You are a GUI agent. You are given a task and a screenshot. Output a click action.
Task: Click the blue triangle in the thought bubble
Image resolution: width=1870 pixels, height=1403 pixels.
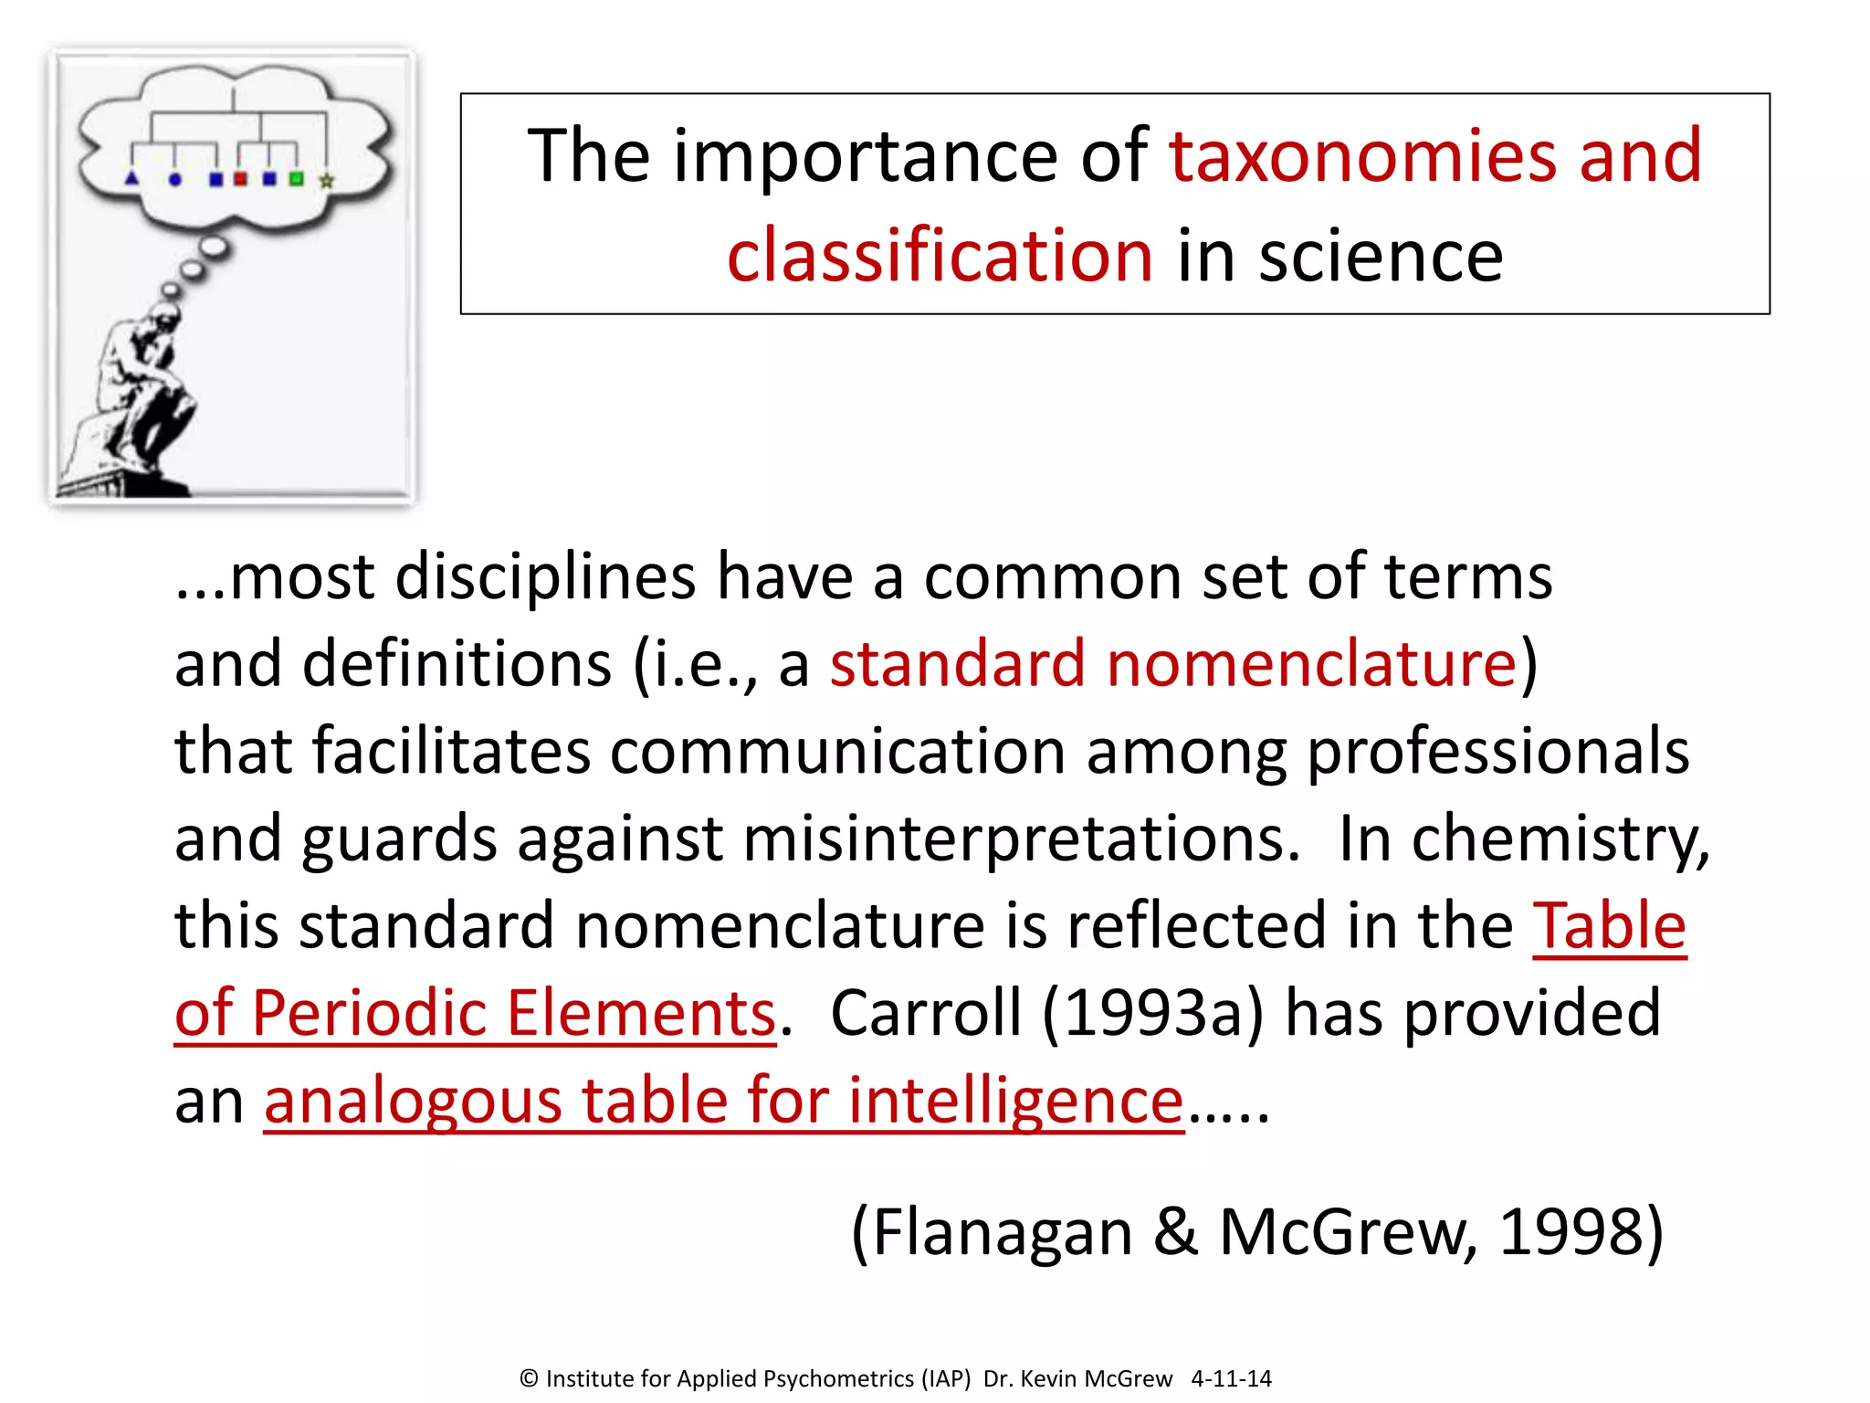coord(131,178)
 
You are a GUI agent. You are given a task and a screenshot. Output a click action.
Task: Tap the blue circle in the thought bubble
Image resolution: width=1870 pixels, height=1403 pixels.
coord(175,180)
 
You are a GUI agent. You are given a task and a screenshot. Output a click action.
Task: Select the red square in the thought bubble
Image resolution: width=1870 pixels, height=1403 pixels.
coord(240,179)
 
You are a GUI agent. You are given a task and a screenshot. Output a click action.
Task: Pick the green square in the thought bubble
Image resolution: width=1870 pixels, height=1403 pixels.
coord(296,179)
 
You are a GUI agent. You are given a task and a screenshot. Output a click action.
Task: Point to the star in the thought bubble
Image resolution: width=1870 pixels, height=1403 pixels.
coord(326,181)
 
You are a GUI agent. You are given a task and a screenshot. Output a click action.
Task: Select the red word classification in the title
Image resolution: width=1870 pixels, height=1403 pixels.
coord(940,255)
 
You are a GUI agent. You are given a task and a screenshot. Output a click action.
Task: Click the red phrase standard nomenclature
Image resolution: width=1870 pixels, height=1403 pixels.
coord(1173,664)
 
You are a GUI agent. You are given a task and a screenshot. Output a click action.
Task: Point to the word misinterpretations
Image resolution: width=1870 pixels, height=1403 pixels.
coord(1020,839)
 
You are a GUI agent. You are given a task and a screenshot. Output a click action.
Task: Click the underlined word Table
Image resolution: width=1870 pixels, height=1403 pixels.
coord(1609,926)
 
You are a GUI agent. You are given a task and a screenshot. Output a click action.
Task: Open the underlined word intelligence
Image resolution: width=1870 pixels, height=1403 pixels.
coord(1015,1100)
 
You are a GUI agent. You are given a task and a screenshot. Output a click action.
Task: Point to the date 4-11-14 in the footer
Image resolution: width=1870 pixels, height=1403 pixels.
coord(1231,1378)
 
